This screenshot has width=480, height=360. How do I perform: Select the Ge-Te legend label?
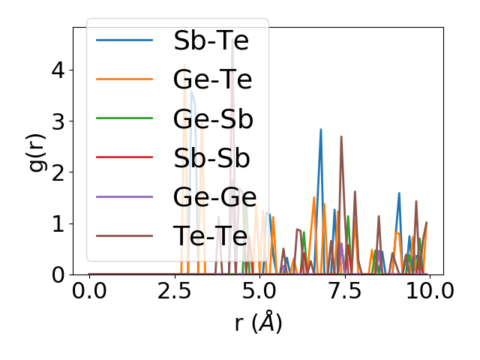(x=212, y=79)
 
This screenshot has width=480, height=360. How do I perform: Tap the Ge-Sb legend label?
(x=212, y=118)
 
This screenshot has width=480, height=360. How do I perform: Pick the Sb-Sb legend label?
(x=211, y=158)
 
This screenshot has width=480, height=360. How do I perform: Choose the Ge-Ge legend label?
(x=214, y=197)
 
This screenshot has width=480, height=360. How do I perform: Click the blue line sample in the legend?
(x=124, y=40)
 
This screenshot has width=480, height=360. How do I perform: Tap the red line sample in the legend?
(x=124, y=158)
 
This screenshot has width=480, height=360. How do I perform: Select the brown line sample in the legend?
(x=124, y=236)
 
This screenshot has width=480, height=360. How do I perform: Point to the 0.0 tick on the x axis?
(x=89, y=292)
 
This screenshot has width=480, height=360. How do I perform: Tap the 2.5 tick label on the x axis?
(x=174, y=292)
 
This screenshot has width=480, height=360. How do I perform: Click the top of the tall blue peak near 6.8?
(x=321, y=129)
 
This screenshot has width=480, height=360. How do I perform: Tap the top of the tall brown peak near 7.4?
(x=341, y=136)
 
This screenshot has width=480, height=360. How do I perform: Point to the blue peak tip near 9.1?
(x=399, y=193)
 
